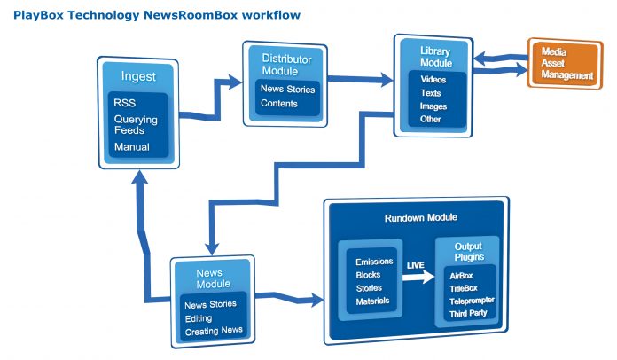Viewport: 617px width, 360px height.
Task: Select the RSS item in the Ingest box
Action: point(124,103)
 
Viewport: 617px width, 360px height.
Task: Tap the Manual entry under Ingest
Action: point(131,146)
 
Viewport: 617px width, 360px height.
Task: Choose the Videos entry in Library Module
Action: point(433,79)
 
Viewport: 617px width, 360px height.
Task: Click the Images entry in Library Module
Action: point(433,106)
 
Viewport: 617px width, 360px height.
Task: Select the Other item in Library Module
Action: point(431,119)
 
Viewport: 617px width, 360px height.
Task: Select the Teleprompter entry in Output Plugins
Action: point(471,300)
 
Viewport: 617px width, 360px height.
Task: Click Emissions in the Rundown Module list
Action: point(373,262)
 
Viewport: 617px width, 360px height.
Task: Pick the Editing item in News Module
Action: point(199,318)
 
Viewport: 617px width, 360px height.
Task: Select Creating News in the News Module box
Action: point(214,332)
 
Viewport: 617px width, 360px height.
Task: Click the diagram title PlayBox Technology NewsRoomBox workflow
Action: point(156,15)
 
